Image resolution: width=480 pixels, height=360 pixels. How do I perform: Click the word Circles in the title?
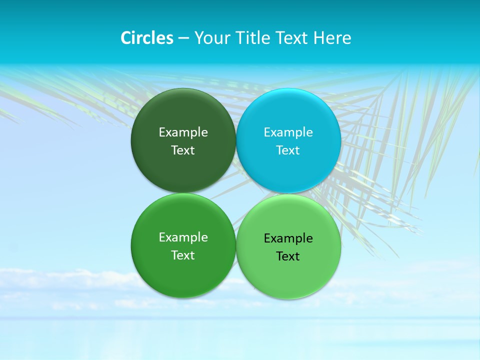[147, 38]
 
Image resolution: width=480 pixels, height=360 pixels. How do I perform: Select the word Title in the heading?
[253, 38]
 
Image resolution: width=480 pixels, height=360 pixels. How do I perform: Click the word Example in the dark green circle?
[183, 132]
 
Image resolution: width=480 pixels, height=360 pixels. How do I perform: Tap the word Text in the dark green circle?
[183, 150]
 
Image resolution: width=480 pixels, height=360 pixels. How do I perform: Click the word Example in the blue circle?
[288, 132]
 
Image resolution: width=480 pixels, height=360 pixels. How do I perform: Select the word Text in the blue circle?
[288, 150]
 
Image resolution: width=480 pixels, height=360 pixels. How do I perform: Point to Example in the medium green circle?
[183, 237]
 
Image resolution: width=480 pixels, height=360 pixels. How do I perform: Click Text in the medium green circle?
[183, 255]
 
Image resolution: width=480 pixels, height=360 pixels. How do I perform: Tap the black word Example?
[288, 238]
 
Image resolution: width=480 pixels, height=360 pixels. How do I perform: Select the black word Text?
[288, 256]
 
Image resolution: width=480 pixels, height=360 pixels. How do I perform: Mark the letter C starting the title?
[125, 38]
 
